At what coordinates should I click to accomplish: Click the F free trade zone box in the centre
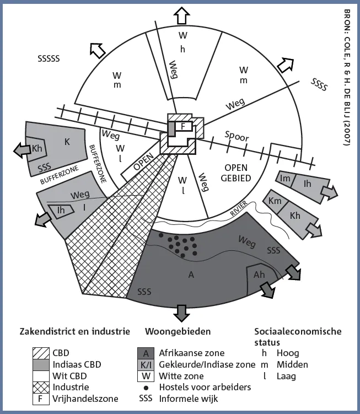[183, 126]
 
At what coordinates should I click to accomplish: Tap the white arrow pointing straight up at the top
[182, 15]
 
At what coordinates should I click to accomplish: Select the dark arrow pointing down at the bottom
[182, 313]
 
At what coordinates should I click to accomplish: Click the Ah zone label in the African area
[259, 275]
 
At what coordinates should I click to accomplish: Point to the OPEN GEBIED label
[236, 173]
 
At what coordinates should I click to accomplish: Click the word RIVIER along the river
[239, 208]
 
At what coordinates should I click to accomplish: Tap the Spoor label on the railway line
[237, 136]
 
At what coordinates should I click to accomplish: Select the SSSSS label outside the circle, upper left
[49, 58]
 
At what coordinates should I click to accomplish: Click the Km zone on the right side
[275, 201]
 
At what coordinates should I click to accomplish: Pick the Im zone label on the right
[285, 179]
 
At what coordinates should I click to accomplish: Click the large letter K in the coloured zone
[67, 142]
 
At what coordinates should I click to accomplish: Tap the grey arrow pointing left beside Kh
[22, 150]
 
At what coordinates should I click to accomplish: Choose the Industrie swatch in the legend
[41, 388]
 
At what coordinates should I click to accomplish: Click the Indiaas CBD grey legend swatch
[41, 364]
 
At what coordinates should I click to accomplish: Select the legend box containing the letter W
[146, 376]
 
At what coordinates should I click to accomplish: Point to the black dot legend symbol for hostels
[146, 388]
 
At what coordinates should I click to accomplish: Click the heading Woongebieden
[178, 331]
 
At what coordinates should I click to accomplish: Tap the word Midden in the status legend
[292, 364]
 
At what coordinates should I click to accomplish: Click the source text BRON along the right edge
[347, 18]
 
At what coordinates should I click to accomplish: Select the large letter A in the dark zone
[191, 275]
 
